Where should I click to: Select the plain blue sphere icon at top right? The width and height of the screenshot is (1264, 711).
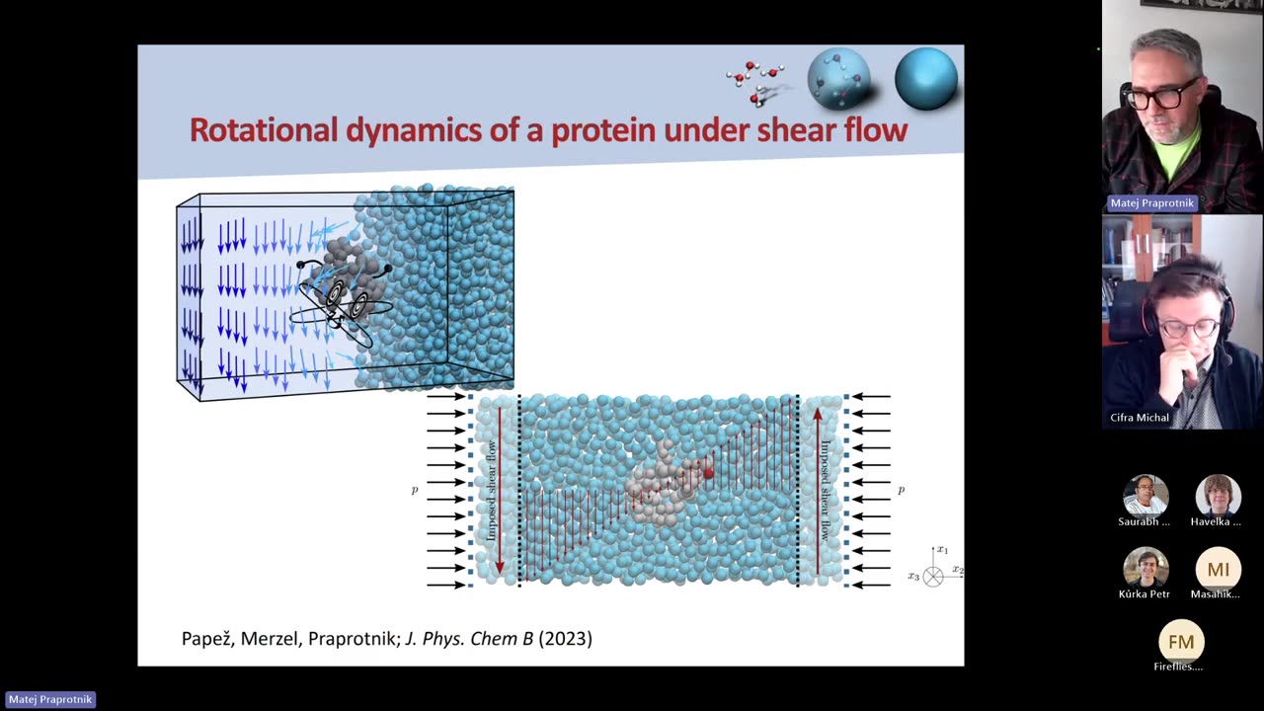(925, 79)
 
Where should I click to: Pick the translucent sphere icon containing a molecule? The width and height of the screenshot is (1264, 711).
(839, 79)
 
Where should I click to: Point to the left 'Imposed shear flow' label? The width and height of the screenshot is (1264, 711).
(491, 490)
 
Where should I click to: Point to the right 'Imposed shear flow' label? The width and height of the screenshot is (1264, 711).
(826, 490)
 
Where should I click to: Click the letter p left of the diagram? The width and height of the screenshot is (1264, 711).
(415, 490)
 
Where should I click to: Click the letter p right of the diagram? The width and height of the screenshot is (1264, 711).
(901, 490)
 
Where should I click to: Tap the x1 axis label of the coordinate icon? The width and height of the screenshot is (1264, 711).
(942, 550)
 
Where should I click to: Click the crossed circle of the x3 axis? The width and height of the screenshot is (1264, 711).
(933, 577)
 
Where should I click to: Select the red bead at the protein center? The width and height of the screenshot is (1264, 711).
(708, 474)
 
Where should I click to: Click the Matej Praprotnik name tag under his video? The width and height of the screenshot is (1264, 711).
(1151, 202)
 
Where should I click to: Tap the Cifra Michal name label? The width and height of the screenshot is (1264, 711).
(1140, 418)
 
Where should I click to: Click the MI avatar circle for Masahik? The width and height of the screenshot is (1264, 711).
(1218, 570)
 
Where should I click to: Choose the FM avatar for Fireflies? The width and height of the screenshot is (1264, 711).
(1181, 642)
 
